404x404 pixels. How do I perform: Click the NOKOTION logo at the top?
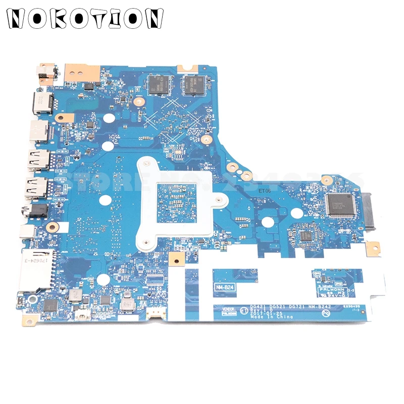tap(85, 20)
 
